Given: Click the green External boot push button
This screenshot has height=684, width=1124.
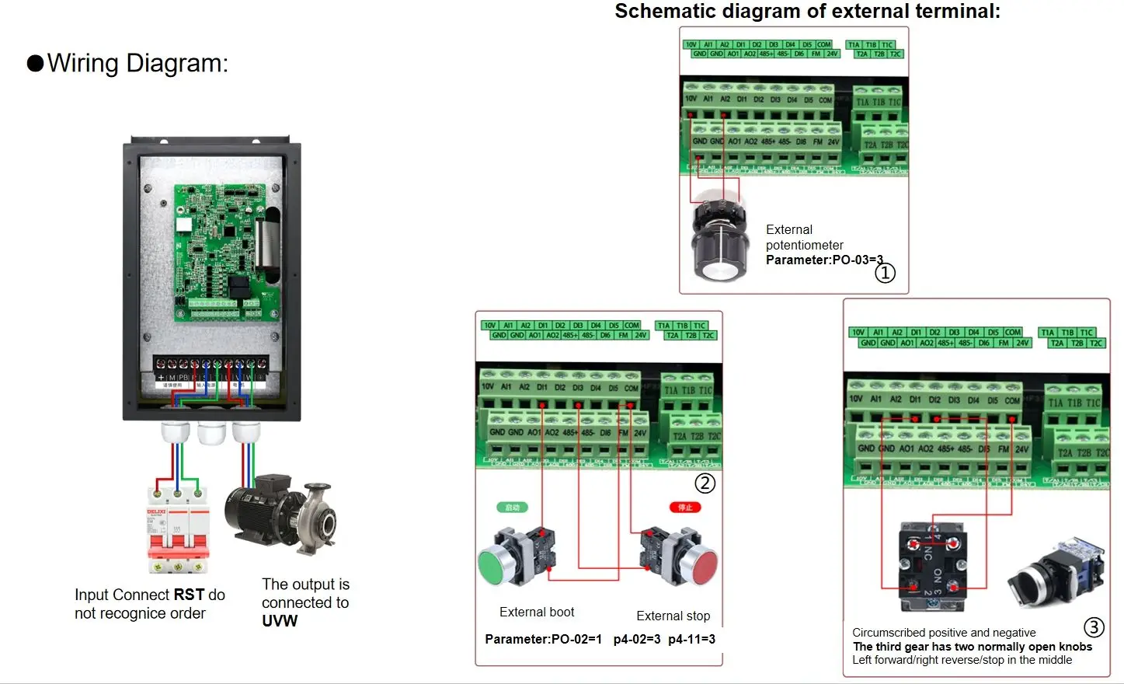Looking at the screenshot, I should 497,564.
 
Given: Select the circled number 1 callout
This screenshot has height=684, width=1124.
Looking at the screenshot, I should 885,273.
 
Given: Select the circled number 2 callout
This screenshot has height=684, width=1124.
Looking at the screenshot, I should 705,483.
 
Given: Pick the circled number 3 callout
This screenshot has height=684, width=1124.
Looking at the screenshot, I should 1094,627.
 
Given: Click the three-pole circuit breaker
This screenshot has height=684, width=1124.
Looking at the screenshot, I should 178,529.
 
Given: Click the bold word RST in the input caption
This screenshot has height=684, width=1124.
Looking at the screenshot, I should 190,595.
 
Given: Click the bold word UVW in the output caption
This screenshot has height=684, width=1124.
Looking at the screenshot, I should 280,621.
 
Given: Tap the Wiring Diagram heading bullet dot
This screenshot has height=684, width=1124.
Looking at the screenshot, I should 35,63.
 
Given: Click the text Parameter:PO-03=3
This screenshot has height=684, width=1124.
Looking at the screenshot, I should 823,260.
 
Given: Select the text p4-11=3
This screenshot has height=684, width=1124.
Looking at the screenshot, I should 691,639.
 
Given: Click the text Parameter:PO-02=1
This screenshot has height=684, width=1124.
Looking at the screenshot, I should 543,639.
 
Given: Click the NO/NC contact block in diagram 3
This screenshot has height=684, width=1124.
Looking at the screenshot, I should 932,566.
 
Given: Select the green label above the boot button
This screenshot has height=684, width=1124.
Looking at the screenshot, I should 512,508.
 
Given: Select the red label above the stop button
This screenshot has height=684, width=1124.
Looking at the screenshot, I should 685,508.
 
